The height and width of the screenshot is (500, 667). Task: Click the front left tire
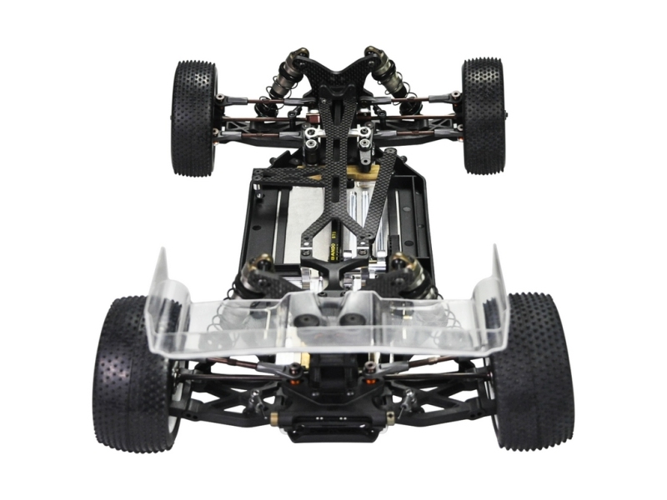(193, 117)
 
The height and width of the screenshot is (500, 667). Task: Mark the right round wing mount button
(350, 320)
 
